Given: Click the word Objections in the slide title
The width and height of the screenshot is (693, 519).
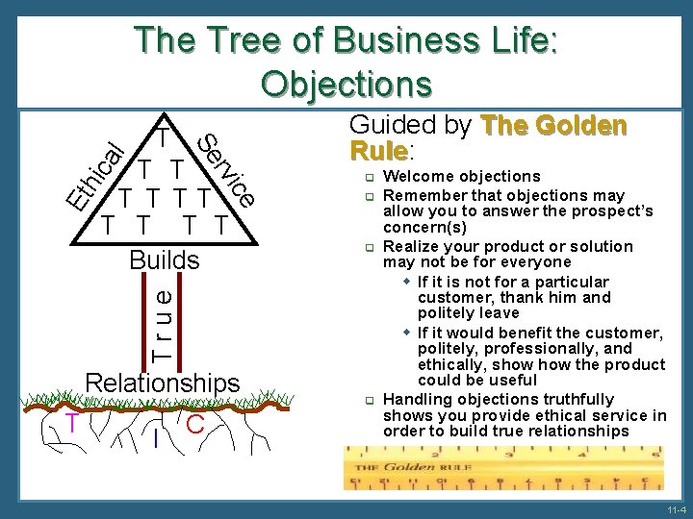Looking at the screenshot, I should pos(346,84).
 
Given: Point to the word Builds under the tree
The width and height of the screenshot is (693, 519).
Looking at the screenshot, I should pos(165,260).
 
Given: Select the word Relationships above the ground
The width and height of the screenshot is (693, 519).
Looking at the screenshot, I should pos(163,383).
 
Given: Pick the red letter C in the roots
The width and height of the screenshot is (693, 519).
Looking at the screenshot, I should pos(195,424).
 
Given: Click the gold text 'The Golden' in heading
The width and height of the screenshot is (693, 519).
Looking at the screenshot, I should pos(553,126).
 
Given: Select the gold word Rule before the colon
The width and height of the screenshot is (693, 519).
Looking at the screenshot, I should pos(377,151).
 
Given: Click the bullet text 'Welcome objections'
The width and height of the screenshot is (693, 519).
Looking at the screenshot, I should pos(461,176).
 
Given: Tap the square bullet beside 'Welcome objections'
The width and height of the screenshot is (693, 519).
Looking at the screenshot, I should pos(368,177).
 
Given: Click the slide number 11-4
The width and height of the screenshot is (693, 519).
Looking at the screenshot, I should pos(675,508).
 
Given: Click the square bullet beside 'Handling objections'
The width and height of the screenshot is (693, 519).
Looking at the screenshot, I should pos(368,400).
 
